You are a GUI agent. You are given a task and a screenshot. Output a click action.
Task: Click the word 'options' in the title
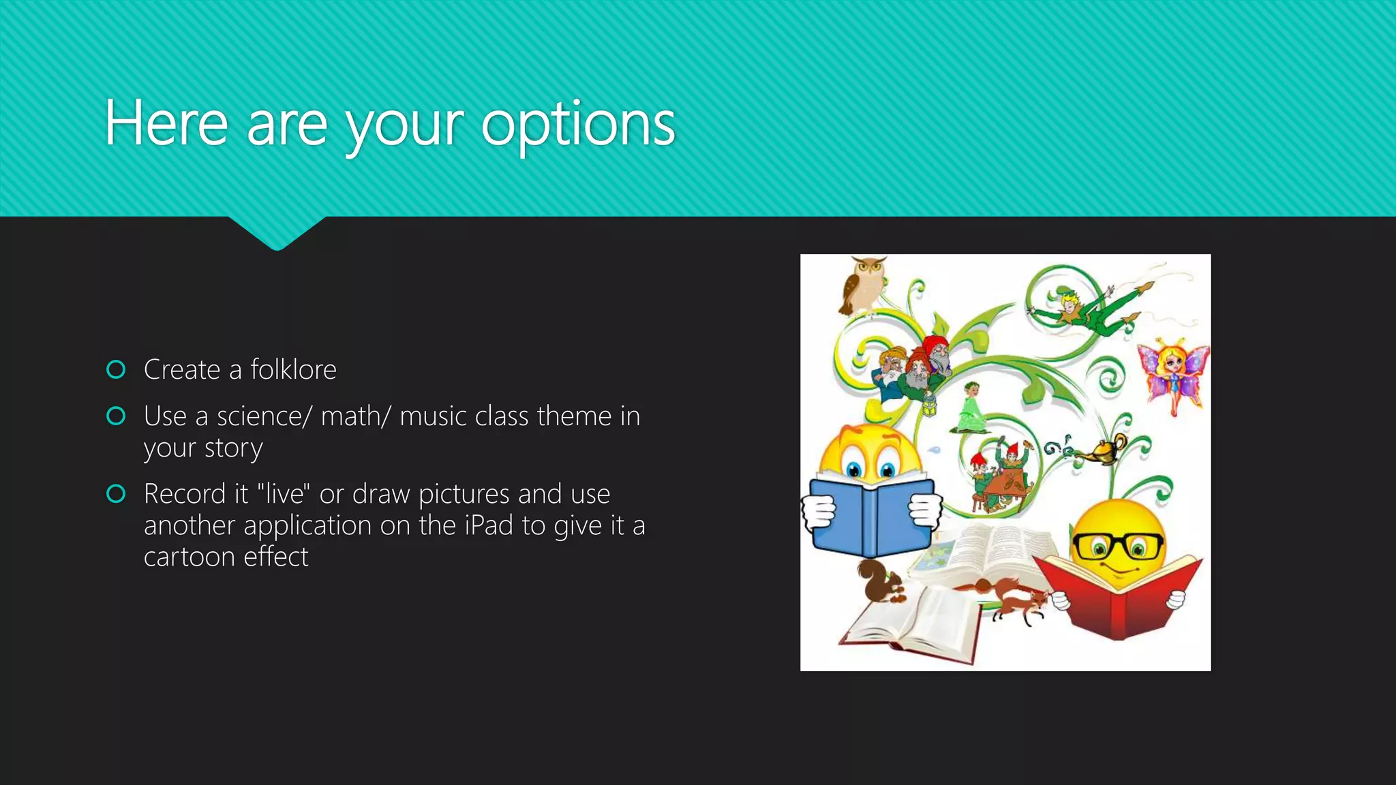[578, 125]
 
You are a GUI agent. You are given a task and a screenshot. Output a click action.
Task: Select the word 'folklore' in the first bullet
[293, 369]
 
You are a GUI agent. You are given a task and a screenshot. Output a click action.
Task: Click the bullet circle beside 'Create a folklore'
[117, 369]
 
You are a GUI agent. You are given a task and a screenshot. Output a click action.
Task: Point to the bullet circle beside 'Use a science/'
[117, 416]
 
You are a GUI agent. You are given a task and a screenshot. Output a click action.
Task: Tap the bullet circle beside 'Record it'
[117, 493]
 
